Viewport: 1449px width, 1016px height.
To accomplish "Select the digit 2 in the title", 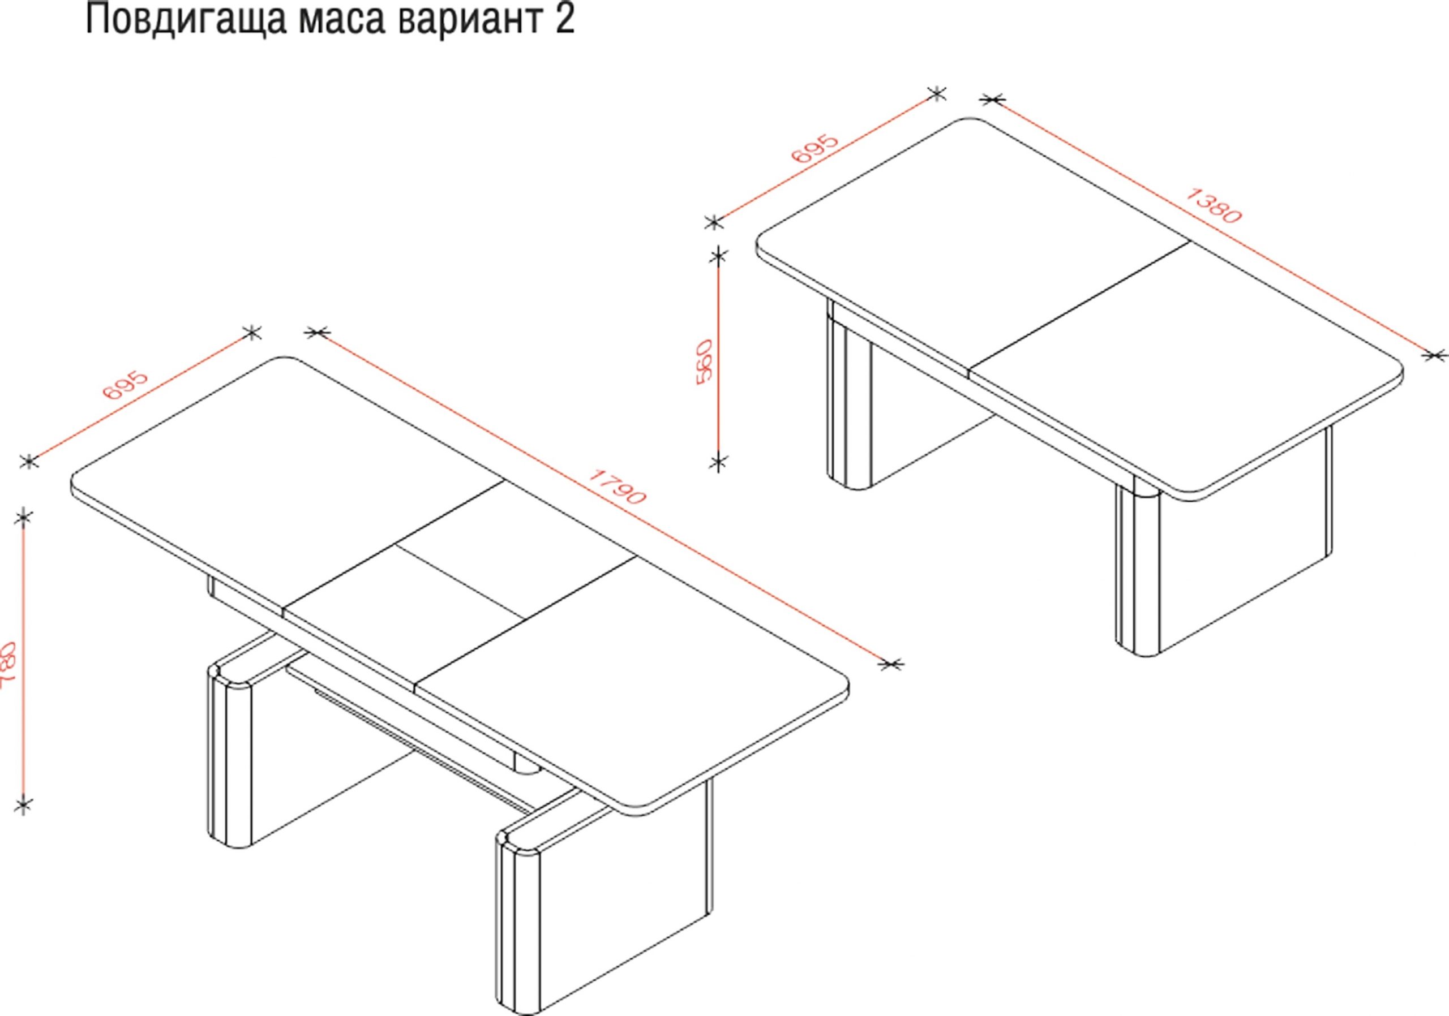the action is pos(565,20).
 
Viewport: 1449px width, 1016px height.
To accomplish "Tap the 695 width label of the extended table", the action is pos(126,385).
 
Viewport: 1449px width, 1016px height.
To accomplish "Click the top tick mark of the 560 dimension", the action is pos(718,256).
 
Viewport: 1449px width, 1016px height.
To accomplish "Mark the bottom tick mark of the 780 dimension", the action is pos(23,806).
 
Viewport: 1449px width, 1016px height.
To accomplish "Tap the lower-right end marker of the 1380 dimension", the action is pos(1435,355).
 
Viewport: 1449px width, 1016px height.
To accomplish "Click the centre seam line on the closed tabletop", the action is pos(1080,309).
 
